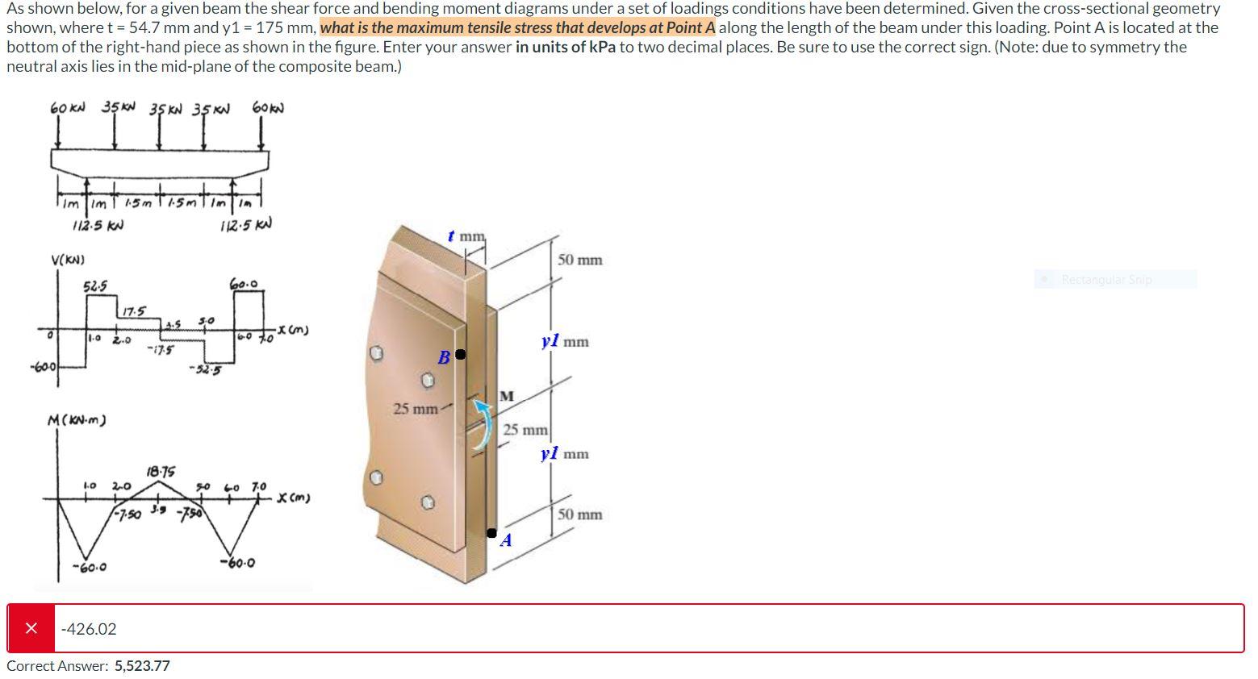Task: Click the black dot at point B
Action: point(460,354)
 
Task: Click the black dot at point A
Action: point(491,532)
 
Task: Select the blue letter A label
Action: point(506,540)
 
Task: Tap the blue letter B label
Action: point(443,357)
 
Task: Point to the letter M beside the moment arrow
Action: point(507,396)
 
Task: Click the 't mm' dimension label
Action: point(467,236)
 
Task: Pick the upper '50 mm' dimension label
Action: point(579,260)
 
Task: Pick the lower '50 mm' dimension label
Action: point(579,514)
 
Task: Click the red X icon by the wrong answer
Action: point(31,628)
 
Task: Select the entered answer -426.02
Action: point(89,629)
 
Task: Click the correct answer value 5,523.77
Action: point(142,666)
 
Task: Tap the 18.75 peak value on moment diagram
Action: point(161,471)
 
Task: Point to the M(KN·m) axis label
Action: point(77,420)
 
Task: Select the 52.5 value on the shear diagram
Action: point(94,286)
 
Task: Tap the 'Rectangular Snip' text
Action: point(1106,280)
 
